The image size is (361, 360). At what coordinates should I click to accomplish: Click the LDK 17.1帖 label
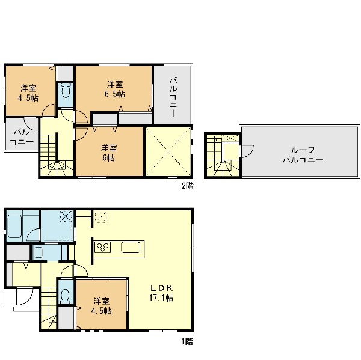(x=161, y=293)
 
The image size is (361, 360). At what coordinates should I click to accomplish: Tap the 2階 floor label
(x=188, y=186)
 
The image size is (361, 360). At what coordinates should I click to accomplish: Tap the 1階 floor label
(x=187, y=341)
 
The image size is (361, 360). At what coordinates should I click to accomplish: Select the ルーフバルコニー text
(x=303, y=155)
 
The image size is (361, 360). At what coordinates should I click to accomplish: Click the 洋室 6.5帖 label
(x=115, y=90)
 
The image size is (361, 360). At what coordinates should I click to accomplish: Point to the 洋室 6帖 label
(x=109, y=153)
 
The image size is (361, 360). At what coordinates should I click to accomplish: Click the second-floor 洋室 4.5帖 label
(x=28, y=93)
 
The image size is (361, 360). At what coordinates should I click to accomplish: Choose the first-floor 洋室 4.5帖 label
(x=102, y=306)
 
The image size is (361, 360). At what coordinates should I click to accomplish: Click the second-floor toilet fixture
(x=66, y=93)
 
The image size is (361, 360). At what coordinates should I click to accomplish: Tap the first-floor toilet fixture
(x=66, y=296)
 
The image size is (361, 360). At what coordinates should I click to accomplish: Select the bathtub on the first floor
(x=14, y=227)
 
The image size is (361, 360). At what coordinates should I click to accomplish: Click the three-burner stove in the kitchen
(x=102, y=247)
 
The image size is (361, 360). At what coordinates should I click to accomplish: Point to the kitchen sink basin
(x=131, y=247)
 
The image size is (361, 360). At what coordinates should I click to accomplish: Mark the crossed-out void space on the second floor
(x=168, y=151)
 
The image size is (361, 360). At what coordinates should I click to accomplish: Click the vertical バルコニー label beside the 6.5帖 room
(x=173, y=97)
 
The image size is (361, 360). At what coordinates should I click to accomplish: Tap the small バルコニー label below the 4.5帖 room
(x=22, y=136)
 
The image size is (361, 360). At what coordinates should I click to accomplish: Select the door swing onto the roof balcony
(x=247, y=151)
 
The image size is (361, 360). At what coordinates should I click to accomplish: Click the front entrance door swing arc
(x=25, y=297)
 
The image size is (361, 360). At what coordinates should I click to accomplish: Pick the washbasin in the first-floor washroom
(x=39, y=252)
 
